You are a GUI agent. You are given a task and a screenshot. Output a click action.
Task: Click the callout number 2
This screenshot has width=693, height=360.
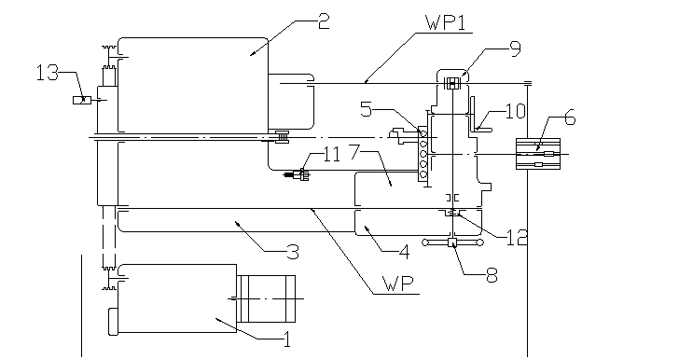pyautogui.click(x=324, y=21)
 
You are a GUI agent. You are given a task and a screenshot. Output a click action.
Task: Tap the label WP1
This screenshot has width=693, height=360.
pyautogui.click(x=446, y=23)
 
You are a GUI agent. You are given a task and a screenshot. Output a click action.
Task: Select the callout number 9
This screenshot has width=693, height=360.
pyautogui.click(x=515, y=48)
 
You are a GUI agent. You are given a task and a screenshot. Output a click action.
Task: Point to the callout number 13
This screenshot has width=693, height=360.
pyautogui.click(x=47, y=73)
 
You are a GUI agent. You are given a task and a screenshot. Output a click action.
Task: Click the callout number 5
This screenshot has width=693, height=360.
pyautogui.click(x=366, y=109)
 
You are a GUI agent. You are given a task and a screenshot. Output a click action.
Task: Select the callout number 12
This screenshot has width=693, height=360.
pyautogui.click(x=517, y=238)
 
